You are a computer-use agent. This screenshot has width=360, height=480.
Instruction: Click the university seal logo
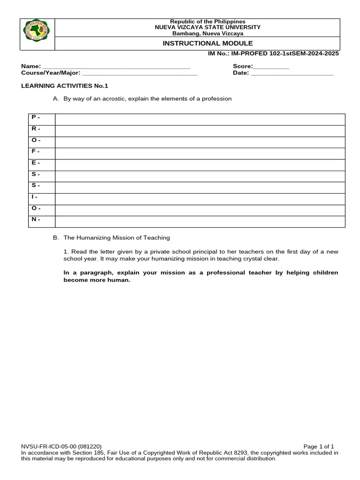point(37,34)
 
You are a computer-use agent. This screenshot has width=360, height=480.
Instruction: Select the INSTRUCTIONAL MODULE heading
point(207,43)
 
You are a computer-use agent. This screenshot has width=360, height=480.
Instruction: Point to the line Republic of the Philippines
point(207,22)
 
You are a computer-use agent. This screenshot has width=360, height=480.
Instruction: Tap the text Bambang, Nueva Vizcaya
point(207,33)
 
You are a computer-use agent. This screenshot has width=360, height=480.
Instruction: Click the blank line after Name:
point(116,67)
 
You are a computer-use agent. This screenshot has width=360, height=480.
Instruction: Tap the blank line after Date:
point(292,74)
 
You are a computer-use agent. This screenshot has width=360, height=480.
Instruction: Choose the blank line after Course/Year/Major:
point(140,74)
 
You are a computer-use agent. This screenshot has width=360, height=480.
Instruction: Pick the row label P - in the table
point(36,117)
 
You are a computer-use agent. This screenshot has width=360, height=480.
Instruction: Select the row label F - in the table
point(36,151)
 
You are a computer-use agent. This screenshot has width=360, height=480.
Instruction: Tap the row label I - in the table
point(35,197)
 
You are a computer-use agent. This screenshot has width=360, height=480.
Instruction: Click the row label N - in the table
point(36,219)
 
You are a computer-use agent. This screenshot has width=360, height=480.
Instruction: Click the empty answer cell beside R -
point(200,131)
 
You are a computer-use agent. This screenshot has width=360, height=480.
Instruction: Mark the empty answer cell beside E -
point(200,165)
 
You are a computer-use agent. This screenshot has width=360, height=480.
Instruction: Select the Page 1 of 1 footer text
point(319,447)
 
